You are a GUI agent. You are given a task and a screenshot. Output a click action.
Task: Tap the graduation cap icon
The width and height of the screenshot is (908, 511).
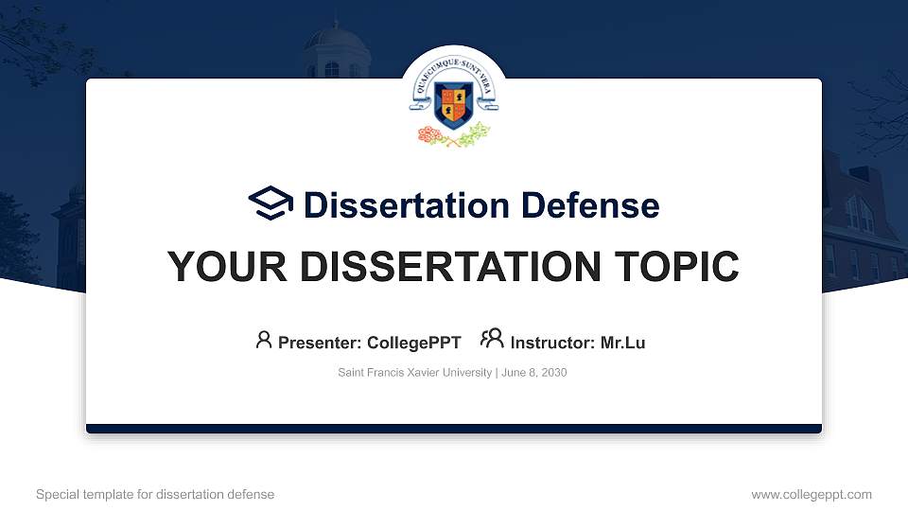click(x=271, y=203)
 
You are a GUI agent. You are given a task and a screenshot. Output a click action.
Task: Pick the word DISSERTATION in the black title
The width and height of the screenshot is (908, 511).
click(x=441, y=267)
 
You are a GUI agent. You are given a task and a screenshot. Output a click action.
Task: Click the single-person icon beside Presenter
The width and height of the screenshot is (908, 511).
click(x=264, y=340)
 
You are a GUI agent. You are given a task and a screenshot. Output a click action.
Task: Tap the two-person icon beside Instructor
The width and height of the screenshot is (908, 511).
click(x=492, y=339)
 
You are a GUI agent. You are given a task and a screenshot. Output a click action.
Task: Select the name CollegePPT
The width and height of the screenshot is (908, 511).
click(x=413, y=343)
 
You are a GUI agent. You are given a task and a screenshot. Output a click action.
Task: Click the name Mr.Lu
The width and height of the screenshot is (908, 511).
click(x=622, y=343)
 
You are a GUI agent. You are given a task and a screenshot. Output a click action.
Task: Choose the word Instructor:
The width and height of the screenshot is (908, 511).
click(x=552, y=343)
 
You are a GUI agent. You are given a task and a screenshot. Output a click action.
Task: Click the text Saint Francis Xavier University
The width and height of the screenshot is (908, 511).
click(x=414, y=373)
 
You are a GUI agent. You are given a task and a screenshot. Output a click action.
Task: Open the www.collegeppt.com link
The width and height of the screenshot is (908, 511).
click(x=811, y=494)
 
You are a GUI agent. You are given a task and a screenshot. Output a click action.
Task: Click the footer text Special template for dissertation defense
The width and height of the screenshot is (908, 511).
click(x=155, y=494)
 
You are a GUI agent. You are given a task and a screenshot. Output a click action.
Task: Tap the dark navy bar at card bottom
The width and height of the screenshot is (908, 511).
click(x=454, y=429)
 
